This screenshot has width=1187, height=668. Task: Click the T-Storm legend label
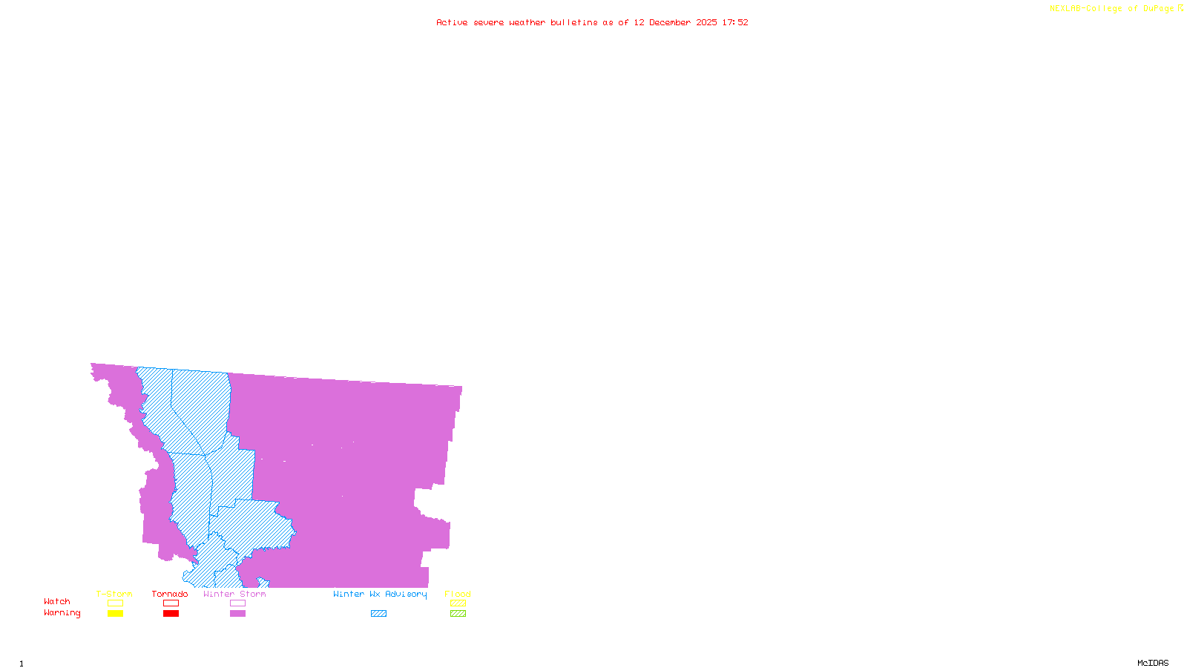114,594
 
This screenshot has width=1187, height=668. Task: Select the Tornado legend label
170,594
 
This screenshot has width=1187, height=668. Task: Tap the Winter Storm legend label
234,594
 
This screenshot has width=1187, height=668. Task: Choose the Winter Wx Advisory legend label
380,594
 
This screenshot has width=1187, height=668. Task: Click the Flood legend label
458,594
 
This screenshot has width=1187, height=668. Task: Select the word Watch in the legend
57,601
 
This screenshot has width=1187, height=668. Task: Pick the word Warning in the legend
62,613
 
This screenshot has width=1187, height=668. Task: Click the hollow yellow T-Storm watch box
115,603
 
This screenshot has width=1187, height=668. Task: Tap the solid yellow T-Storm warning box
115,614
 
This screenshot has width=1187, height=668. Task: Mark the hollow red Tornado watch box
171,603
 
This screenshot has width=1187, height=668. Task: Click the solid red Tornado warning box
171,614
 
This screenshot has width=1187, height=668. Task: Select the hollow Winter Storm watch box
237,603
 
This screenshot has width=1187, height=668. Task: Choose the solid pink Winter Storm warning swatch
237,614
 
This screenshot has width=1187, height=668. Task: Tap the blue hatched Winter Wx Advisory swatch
378,614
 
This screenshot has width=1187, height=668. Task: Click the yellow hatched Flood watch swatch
458,603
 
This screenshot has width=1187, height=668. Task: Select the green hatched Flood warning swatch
458,614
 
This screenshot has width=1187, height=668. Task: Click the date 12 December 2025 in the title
675,22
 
